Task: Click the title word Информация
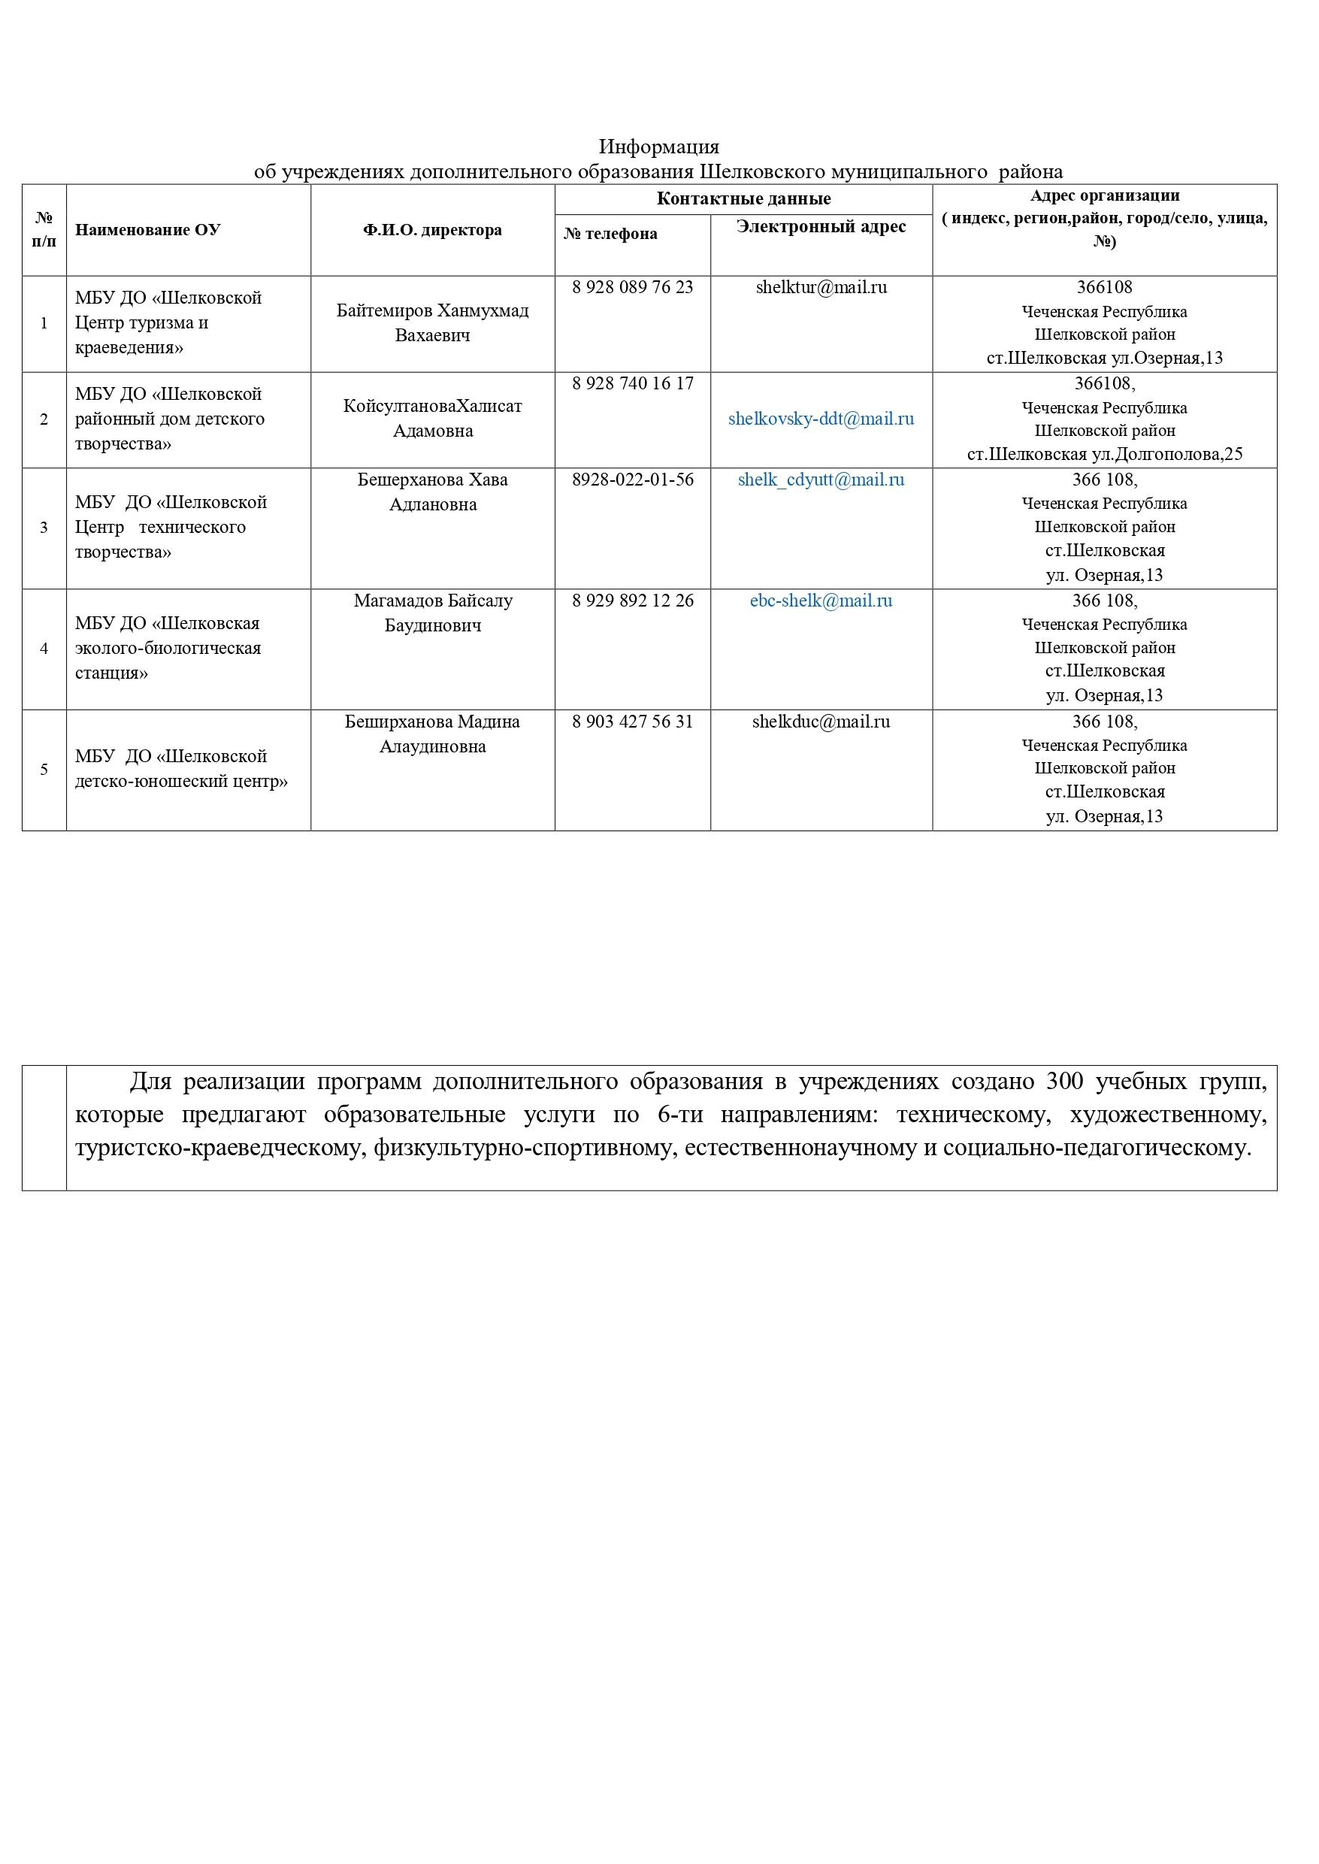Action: [658, 147]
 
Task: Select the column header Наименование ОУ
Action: [148, 230]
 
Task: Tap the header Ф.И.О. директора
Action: [432, 230]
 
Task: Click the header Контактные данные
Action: [743, 199]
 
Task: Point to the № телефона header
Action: [611, 234]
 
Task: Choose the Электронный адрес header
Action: [821, 226]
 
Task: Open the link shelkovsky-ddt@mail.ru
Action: [821, 419]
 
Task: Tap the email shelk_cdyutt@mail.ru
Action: [821, 480]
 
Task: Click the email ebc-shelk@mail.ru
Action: [821, 601]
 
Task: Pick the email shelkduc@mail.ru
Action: [821, 722]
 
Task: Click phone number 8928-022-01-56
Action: [633, 480]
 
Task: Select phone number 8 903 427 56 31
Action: [633, 722]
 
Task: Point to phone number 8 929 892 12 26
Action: [633, 601]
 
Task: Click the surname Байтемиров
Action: [383, 311]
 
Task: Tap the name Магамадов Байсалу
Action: [433, 601]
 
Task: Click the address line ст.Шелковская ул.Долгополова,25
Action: [1105, 455]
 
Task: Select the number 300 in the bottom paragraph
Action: [1065, 1082]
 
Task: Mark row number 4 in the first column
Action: [44, 649]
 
